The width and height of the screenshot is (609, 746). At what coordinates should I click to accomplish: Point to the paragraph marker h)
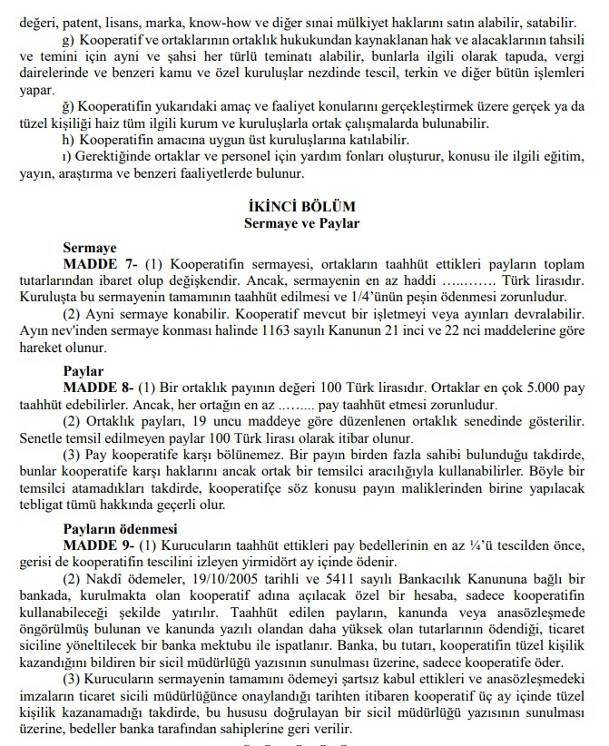tap(68, 139)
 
